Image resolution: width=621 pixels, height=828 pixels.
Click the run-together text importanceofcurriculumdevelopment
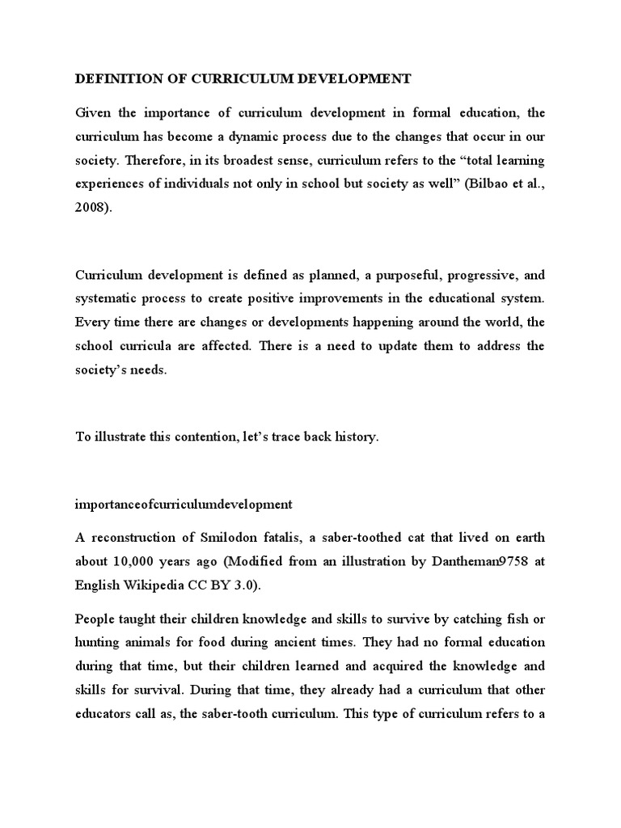click(184, 505)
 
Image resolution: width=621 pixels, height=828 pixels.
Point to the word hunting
click(99, 643)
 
